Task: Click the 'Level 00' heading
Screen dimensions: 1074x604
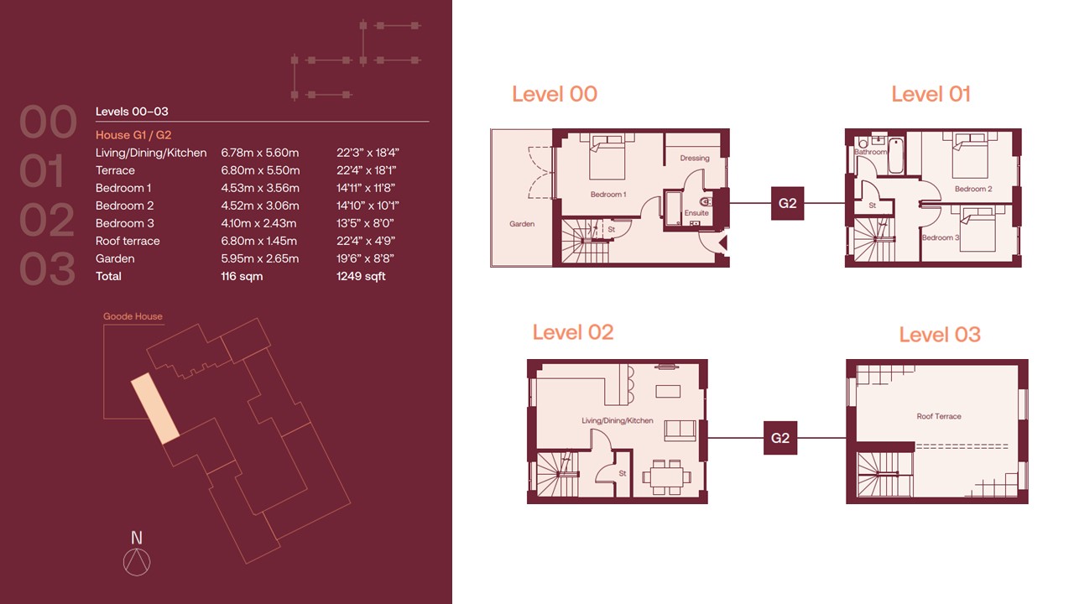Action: [x=555, y=94]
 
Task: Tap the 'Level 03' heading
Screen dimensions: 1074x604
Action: [x=940, y=335]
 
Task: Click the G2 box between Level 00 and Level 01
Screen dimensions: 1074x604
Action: [x=787, y=203]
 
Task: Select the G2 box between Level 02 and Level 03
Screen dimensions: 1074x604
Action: [x=780, y=438]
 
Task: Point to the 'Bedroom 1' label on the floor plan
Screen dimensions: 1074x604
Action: [x=608, y=194]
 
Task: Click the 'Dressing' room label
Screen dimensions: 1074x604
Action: [x=694, y=158]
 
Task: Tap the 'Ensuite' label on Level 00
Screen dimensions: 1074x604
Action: [x=696, y=213]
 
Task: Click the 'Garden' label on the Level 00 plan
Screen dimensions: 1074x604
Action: [x=522, y=224]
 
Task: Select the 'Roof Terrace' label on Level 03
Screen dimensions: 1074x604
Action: [x=939, y=416]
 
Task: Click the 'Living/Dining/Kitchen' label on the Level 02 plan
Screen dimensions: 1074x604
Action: [x=617, y=420]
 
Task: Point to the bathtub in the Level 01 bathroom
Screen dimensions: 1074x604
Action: [x=895, y=155]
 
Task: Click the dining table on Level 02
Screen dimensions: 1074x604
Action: [x=666, y=477]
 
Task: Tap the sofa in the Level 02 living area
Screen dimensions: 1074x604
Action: [x=680, y=430]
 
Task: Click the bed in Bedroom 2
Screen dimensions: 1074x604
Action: [x=970, y=156]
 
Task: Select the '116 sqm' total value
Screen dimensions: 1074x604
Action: [x=242, y=276]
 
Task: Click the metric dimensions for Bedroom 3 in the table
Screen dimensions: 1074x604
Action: [x=258, y=223]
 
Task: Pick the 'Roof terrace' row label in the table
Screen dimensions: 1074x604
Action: [x=128, y=241]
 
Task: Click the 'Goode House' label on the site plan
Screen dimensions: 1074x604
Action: [x=133, y=316]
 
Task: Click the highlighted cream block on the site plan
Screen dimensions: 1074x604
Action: [x=155, y=409]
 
